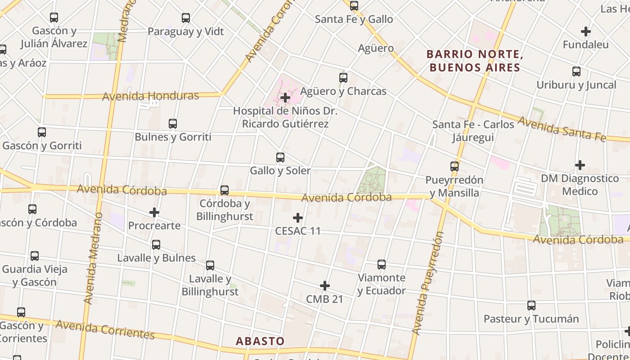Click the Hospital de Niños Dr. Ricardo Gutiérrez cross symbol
pos(285,97)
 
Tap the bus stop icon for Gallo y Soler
pos(280,157)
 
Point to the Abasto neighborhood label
pos(260,341)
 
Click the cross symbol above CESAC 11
pos(297,218)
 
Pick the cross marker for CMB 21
pos(324,286)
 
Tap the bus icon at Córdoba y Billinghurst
pos(225,190)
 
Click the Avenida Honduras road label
pos(150,96)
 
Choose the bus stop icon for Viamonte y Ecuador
pos(382,265)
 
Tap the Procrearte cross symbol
pos(154,212)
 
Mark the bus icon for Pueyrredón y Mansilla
pos(454,166)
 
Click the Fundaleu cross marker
pos(585,31)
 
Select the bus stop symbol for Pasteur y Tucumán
pos(531,306)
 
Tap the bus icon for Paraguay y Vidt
pos(185,18)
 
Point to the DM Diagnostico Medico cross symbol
pos(580,165)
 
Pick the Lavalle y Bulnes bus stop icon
pos(156,245)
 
